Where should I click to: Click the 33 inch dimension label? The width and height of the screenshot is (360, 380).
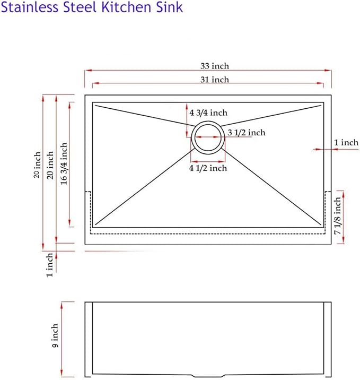[215, 66]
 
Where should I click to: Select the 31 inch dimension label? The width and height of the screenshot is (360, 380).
[215, 80]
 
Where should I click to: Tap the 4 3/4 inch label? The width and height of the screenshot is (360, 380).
[208, 113]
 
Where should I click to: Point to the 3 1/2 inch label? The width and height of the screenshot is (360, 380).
[246, 133]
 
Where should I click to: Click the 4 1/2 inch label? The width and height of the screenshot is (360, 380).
[208, 168]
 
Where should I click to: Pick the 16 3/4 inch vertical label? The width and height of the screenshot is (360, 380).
[64, 163]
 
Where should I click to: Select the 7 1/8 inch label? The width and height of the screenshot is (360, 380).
[338, 215]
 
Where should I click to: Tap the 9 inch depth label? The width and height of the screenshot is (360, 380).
[55, 335]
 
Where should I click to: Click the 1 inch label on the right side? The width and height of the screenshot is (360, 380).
[346, 142]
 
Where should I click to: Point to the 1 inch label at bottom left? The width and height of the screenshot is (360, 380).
[49, 265]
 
